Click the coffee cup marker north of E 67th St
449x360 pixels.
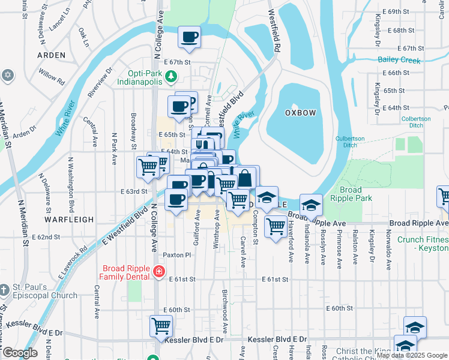(x=189, y=37)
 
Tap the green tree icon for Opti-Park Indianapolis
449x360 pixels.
(x=171, y=76)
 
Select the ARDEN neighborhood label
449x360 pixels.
(x=51, y=55)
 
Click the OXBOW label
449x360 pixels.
(x=300, y=113)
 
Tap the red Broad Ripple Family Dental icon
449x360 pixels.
(x=158, y=272)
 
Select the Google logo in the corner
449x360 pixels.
(x=19, y=353)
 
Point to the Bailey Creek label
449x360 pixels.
(x=399, y=59)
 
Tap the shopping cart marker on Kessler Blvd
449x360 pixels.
(x=161, y=326)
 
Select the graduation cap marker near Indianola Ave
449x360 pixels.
(x=310, y=205)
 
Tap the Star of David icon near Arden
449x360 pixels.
(x=7, y=75)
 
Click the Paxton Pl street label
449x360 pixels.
(x=176, y=255)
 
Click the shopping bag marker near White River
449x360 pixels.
(x=246, y=178)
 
